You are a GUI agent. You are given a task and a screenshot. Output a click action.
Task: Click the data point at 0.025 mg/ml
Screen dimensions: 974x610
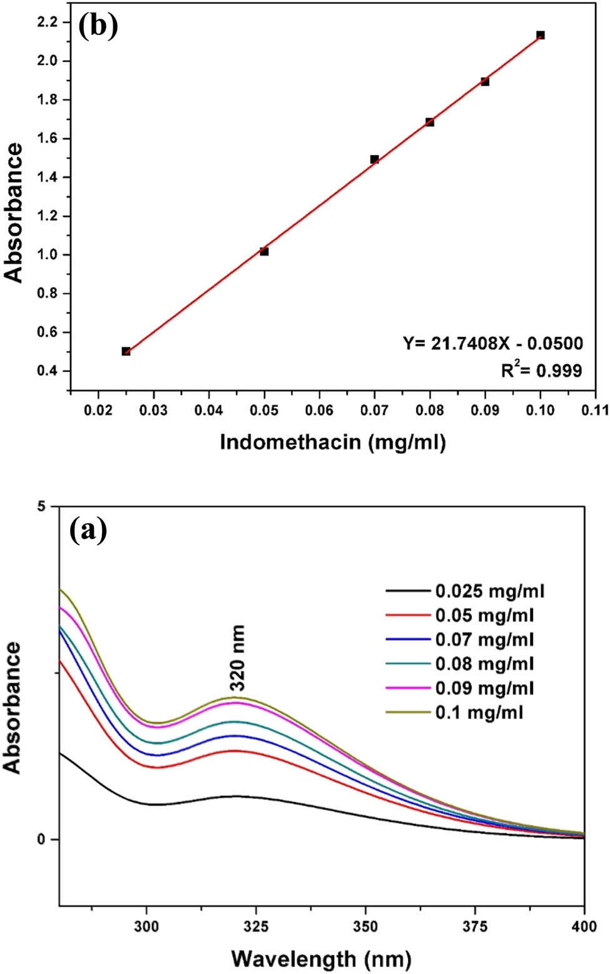point(126,351)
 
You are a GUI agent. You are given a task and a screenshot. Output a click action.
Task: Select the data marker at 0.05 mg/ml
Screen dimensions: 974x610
point(264,251)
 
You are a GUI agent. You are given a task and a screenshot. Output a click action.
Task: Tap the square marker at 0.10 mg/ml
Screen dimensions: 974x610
point(541,35)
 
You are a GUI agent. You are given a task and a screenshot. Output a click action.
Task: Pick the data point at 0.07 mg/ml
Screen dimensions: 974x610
point(374,159)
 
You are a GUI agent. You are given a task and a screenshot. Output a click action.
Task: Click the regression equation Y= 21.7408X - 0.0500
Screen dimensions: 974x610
point(492,343)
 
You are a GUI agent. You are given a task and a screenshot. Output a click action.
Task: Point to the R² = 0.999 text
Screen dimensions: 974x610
point(541,370)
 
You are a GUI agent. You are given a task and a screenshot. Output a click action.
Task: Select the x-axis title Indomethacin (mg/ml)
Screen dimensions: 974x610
point(332,442)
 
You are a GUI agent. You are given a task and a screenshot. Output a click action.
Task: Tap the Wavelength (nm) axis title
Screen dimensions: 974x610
point(321,958)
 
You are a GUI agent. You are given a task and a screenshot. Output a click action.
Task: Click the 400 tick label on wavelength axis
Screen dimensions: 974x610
point(584,926)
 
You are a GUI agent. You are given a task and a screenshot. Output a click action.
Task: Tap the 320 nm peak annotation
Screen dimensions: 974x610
point(237,657)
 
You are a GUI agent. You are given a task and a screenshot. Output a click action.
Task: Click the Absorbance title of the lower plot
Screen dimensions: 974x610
point(13,707)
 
